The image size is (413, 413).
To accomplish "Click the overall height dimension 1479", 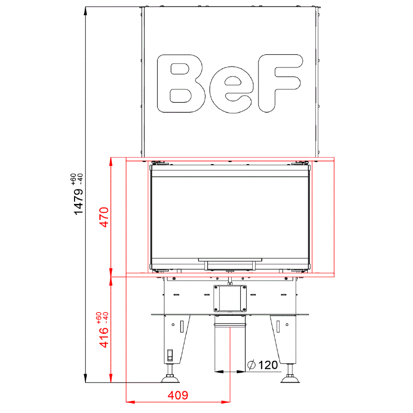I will [79, 202].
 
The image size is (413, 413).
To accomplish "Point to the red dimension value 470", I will [104, 217].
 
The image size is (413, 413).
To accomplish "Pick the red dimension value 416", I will [104, 337].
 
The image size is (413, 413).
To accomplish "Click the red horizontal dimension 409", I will [177, 395].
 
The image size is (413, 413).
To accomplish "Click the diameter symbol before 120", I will [252, 365].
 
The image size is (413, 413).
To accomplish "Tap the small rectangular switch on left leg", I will [170, 355].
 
